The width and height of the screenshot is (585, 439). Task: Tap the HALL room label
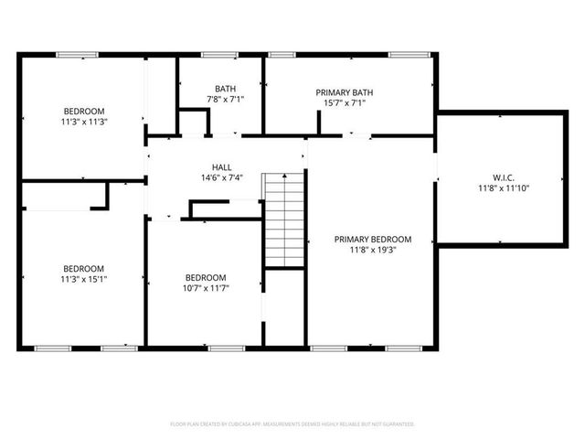(x=222, y=166)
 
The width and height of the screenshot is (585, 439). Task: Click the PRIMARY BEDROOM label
(x=373, y=239)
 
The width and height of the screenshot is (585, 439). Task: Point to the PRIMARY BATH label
(x=345, y=92)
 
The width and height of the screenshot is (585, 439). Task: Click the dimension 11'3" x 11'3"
(x=84, y=122)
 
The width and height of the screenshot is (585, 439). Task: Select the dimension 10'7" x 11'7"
(x=207, y=288)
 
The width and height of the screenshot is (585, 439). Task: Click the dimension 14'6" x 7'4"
(x=222, y=177)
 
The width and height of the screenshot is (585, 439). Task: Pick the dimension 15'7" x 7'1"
(x=345, y=103)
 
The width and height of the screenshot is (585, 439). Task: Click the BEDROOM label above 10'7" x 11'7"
(x=206, y=277)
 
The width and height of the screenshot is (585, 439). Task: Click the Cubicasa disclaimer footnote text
(x=292, y=424)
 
